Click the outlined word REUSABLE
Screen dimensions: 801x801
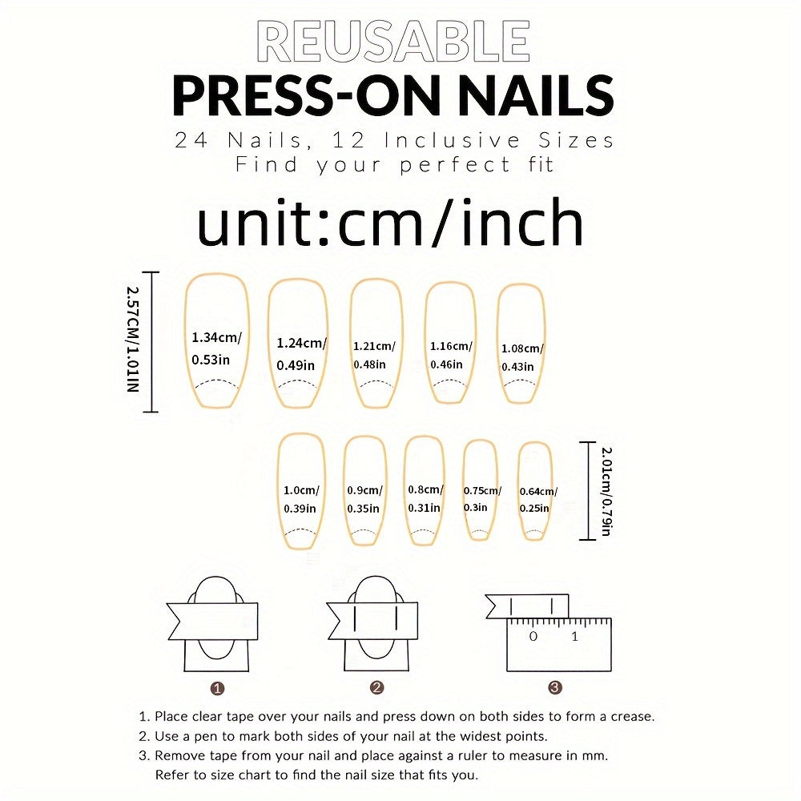(393, 41)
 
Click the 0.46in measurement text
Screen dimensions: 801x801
(446, 364)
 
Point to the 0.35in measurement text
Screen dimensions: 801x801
(363, 509)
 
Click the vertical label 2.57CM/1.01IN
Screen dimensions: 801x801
(133, 339)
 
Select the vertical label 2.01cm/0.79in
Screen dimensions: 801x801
(606, 492)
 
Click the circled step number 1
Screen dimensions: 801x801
(217, 689)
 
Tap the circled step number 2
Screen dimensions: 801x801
(376, 687)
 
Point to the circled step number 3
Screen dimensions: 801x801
(555, 687)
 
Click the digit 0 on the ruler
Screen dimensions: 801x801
(533, 637)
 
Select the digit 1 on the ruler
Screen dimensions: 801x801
(574, 637)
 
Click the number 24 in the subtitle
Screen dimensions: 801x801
(191, 140)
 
